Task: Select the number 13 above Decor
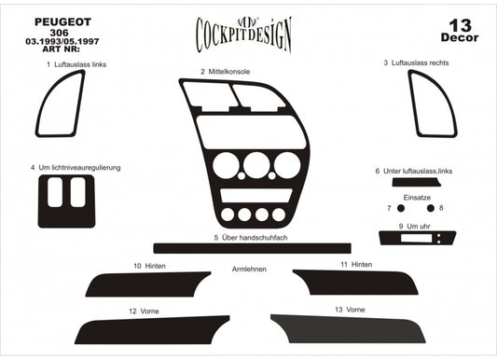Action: [459, 24]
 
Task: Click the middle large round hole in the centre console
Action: [255, 167]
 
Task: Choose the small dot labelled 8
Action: [430, 208]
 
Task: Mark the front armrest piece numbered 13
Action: [354, 329]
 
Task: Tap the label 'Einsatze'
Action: [417, 198]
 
